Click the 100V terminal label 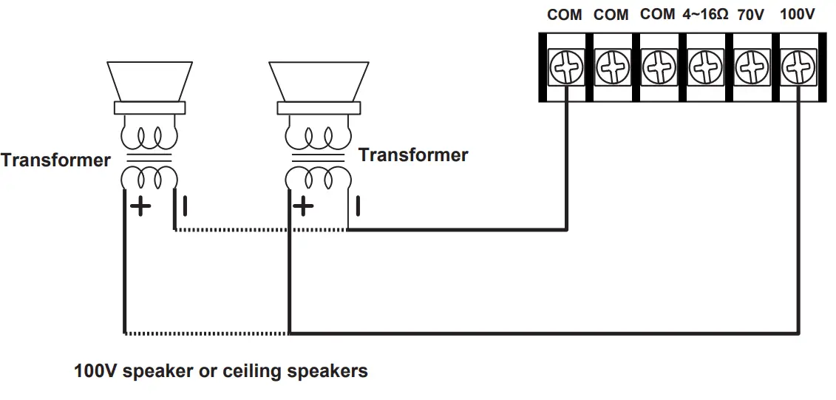798,15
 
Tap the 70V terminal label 750,15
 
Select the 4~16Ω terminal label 704,15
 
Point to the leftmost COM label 565,15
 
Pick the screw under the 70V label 752,69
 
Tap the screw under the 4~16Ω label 705,69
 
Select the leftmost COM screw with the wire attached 566,69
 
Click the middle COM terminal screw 613,69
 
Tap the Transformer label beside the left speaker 55,160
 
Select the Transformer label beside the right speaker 413,155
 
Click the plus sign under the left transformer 140,206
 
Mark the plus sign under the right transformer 303,206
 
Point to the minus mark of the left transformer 185,204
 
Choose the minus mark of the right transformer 358,205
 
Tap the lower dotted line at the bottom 206,333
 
